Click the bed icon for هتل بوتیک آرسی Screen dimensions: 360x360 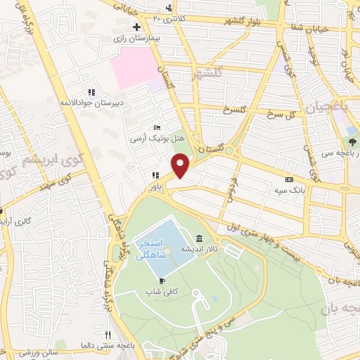[157, 128]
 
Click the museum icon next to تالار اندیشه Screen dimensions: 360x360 [200, 238]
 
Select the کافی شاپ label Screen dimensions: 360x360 [162, 290]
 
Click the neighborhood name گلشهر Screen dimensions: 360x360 [211, 73]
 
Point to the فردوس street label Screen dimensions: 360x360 [229, 188]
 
